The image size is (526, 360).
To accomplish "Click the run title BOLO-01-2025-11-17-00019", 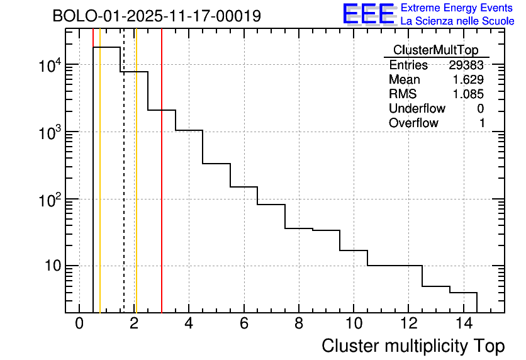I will click(157, 16).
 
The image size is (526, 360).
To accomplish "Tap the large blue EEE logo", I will click(368, 14).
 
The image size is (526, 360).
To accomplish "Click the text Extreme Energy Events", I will click(456, 8).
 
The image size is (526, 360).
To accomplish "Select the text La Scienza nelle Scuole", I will click(457, 21).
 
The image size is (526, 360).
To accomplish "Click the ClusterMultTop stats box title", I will click(435, 50).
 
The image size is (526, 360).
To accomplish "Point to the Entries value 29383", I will click(466, 65).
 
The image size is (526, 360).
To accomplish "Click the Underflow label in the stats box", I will click(417, 109).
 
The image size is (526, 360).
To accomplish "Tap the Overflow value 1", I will click(482, 123).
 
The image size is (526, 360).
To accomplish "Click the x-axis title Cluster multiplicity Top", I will click(413, 346).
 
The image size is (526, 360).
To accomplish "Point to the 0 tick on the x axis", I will click(79, 324).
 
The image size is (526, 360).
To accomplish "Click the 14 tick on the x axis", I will click(463, 324).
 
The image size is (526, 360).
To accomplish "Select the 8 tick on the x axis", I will click(298, 324).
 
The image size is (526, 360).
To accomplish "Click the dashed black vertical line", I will click(124, 189).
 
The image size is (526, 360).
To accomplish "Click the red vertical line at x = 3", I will click(162, 189).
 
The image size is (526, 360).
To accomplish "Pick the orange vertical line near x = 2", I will click(136, 189).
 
